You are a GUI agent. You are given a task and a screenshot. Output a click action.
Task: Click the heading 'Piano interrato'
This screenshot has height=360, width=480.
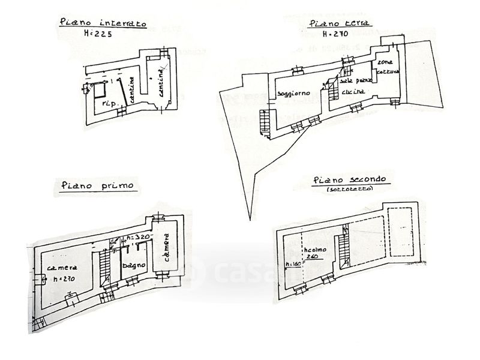tap(103, 23)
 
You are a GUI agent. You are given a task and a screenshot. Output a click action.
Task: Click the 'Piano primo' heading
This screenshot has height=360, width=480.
tap(98, 185)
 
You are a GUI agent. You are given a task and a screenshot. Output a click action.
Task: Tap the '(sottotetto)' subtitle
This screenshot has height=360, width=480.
tap(350, 189)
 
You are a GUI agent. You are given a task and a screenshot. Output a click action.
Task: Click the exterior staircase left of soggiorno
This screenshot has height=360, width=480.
tap(264, 122)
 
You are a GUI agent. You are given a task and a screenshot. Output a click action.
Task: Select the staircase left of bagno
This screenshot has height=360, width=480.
tap(105, 266)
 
